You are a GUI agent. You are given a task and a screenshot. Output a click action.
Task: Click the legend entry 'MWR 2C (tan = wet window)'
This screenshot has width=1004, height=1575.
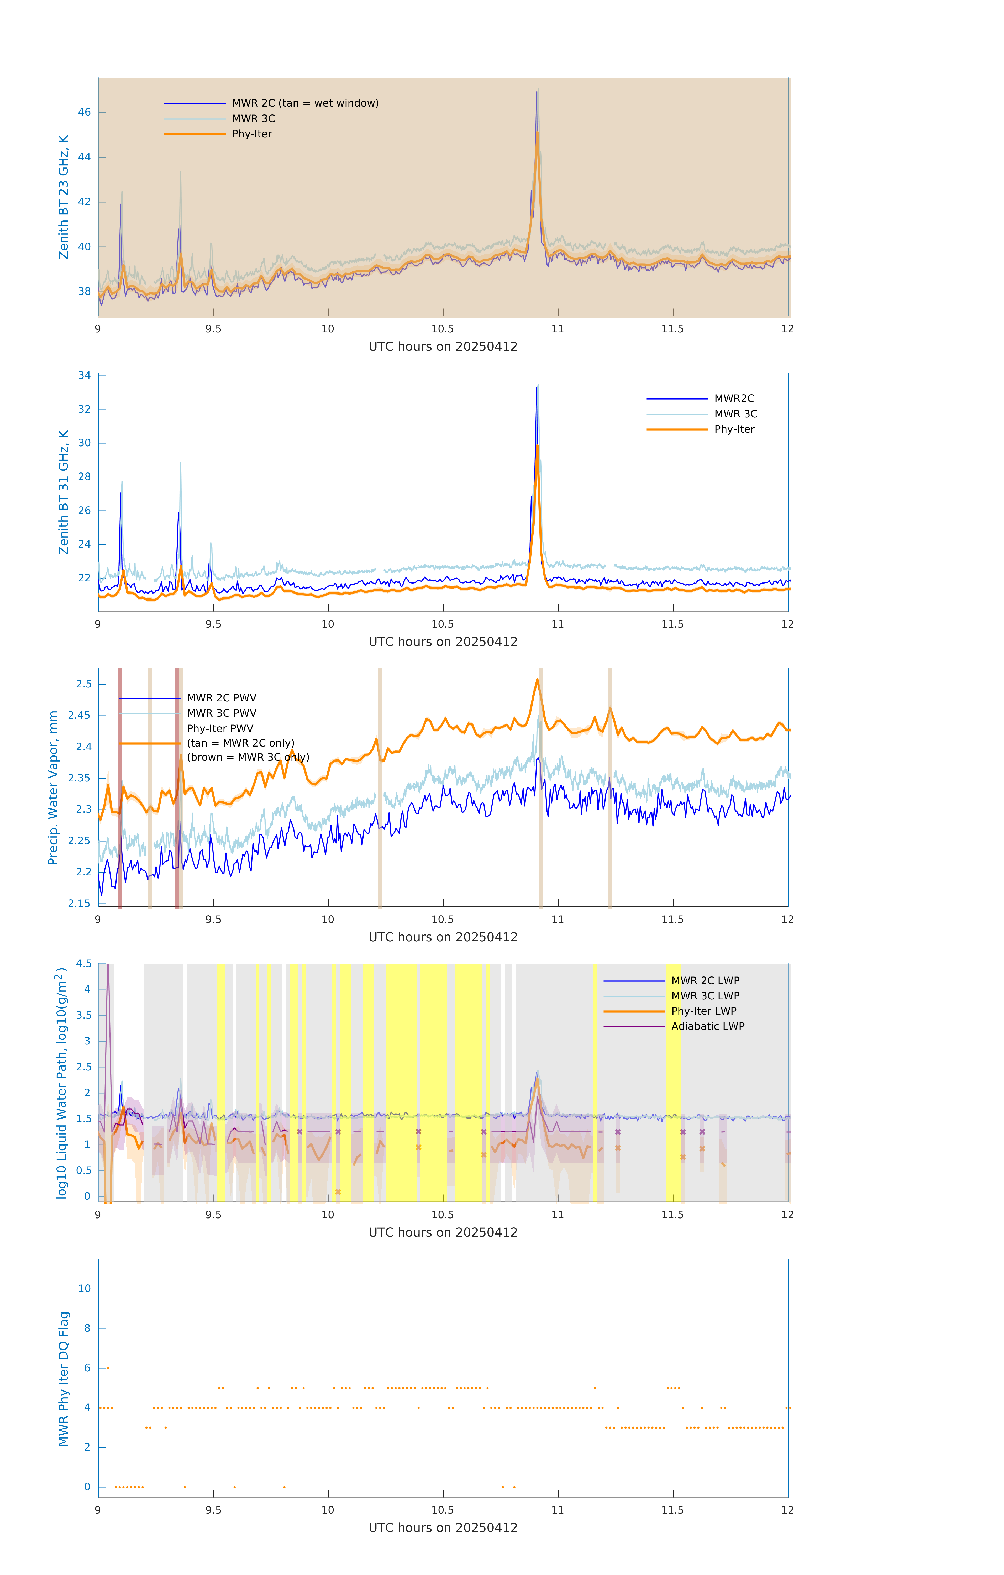coord(305,103)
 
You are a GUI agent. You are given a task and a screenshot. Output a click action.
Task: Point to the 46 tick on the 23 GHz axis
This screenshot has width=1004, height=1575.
coord(84,113)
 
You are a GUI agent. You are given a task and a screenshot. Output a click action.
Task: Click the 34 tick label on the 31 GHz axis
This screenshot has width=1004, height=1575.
coord(84,375)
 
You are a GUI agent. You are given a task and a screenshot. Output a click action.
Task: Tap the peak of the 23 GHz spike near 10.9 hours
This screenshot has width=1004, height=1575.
coord(538,91)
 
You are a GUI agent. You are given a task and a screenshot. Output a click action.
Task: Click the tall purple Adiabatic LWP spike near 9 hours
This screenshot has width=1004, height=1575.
coord(108,968)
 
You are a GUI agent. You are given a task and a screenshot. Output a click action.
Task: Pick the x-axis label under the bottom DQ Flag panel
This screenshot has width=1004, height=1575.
coord(443,1528)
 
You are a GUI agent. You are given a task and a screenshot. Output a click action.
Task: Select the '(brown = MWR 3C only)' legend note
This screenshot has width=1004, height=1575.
coord(248,757)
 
